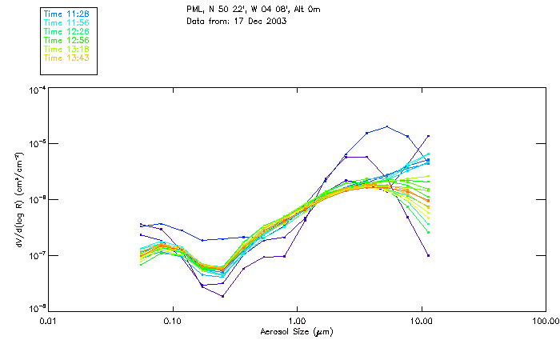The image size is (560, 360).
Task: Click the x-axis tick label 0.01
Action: [48, 322]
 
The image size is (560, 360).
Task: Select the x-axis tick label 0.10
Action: [172, 322]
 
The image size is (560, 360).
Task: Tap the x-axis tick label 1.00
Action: [297, 322]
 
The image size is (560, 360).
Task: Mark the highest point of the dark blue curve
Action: [387, 126]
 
